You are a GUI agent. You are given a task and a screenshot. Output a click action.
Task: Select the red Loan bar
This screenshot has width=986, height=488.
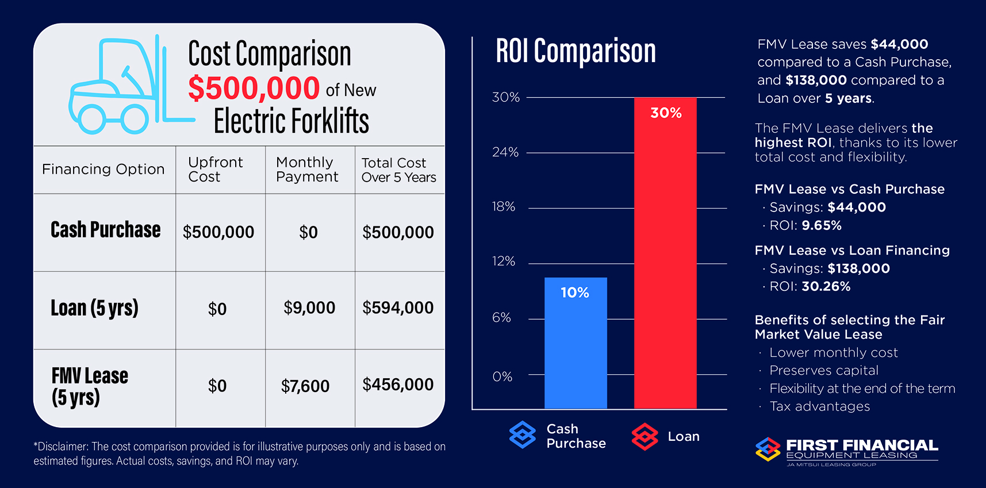coord(665,253)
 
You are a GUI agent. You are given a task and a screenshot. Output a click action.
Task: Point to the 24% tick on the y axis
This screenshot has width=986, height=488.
coord(505,152)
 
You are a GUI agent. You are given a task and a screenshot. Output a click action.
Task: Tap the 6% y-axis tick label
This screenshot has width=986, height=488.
coord(501,318)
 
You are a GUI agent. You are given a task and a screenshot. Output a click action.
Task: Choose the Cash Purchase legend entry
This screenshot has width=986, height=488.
coord(558,436)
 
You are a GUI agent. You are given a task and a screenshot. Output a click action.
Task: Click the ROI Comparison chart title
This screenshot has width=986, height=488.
coord(576,51)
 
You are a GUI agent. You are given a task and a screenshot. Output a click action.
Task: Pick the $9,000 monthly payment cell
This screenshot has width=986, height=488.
coord(309,308)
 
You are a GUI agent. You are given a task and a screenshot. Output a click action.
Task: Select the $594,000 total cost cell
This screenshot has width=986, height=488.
coord(398,308)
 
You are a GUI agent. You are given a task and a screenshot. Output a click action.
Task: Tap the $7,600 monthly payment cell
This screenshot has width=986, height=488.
coord(305,386)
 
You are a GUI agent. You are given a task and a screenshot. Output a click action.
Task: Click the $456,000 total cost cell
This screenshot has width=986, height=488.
coord(398,385)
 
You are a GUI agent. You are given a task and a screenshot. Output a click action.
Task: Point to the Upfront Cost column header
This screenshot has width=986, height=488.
coord(216,170)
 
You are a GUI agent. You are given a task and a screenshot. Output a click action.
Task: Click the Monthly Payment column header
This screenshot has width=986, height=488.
coord(307,170)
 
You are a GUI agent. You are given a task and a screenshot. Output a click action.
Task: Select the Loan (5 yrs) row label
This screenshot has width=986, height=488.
coord(95,308)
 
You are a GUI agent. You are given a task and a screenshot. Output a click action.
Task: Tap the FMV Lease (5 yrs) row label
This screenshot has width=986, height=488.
coord(90,386)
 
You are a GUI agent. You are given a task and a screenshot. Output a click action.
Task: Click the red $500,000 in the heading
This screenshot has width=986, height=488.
coord(254,89)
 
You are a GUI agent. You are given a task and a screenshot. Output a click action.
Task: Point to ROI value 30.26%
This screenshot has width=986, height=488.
coord(826,286)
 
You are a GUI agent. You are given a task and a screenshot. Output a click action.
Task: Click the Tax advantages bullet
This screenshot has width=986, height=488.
coord(819,406)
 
